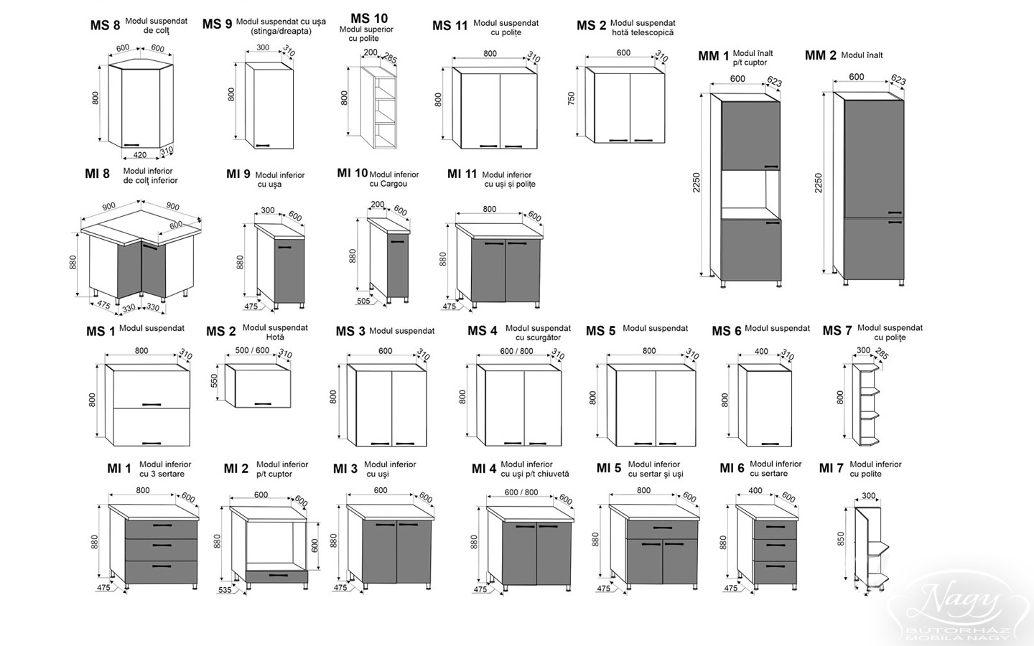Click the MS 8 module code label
pos(105,25)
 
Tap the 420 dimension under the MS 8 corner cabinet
pos(140,155)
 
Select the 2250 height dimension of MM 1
pos(696,183)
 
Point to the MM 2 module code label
pos(820,55)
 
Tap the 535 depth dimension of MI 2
pos(225,590)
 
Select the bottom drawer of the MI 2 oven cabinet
pos(277,576)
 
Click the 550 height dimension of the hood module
pos(214,380)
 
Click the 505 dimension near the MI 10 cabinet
pos(364,301)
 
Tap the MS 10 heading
pos(369,19)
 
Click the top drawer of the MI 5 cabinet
pos(662,529)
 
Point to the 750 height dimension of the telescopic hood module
pos(572,99)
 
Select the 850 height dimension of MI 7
pos(841,538)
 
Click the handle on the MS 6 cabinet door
pos(770,444)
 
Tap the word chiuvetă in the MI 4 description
pos(553,474)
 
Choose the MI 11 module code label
pos(462,174)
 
